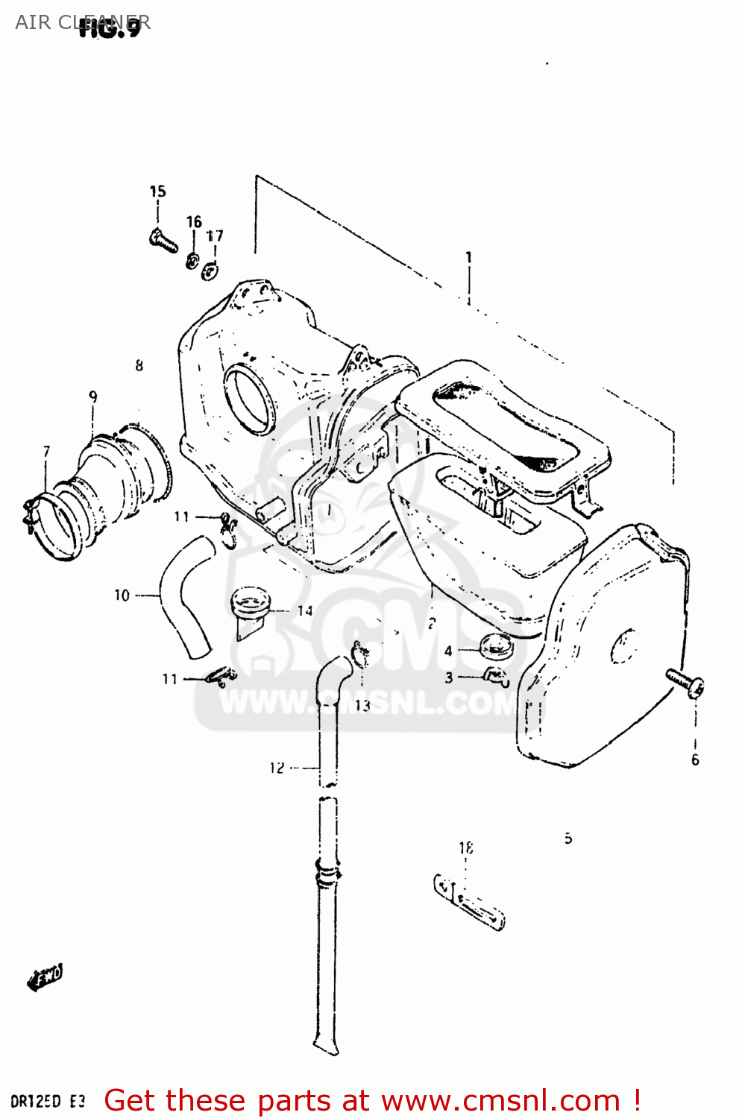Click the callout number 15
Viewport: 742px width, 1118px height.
coord(157,192)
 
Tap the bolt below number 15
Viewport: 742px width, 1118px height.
coord(163,241)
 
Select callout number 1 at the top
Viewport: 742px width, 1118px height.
coord(468,257)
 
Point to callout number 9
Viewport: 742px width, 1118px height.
coord(92,397)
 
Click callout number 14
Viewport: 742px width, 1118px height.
coord(304,611)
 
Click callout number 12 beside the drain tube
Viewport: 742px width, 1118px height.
coord(277,768)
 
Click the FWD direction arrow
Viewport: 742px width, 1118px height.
coord(45,977)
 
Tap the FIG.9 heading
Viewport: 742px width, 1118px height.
coord(110,29)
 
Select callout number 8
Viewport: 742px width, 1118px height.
coord(139,365)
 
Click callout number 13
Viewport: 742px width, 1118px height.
coord(362,705)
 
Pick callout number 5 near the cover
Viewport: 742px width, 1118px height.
coord(568,838)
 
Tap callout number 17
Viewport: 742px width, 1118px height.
coord(215,236)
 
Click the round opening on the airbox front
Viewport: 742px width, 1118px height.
coord(251,399)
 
